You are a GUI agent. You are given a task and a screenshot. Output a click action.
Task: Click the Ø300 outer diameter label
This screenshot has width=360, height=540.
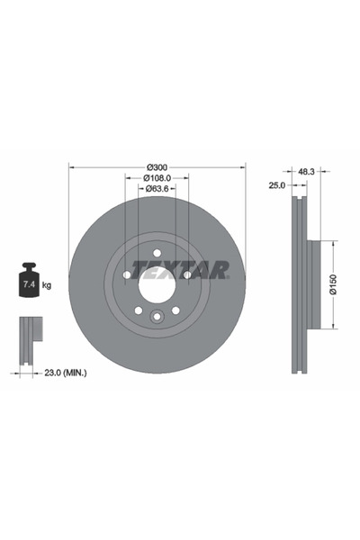(x=157, y=166)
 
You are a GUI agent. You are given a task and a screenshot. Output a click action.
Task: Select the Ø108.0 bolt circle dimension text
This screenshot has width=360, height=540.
(x=157, y=178)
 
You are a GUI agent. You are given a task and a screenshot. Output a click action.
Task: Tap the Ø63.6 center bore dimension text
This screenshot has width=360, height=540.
(x=157, y=190)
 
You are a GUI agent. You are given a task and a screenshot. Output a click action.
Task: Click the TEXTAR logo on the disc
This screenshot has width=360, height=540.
(x=180, y=270)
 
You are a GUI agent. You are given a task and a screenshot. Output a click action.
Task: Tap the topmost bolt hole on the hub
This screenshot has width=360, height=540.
(x=157, y=253)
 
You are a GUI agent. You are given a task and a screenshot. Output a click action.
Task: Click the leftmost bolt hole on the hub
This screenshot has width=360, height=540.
(x=127, y=274)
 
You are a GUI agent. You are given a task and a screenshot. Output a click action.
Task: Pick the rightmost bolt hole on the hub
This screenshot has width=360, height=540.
(x=187, y=274)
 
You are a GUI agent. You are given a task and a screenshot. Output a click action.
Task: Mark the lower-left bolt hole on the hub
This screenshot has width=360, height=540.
(x=139, y=310)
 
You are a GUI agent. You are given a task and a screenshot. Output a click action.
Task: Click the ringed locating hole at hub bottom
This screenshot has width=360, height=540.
(x=157, y=316)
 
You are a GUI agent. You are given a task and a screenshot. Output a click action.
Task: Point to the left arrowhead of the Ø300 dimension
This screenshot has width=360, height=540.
(x=72, y=166)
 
